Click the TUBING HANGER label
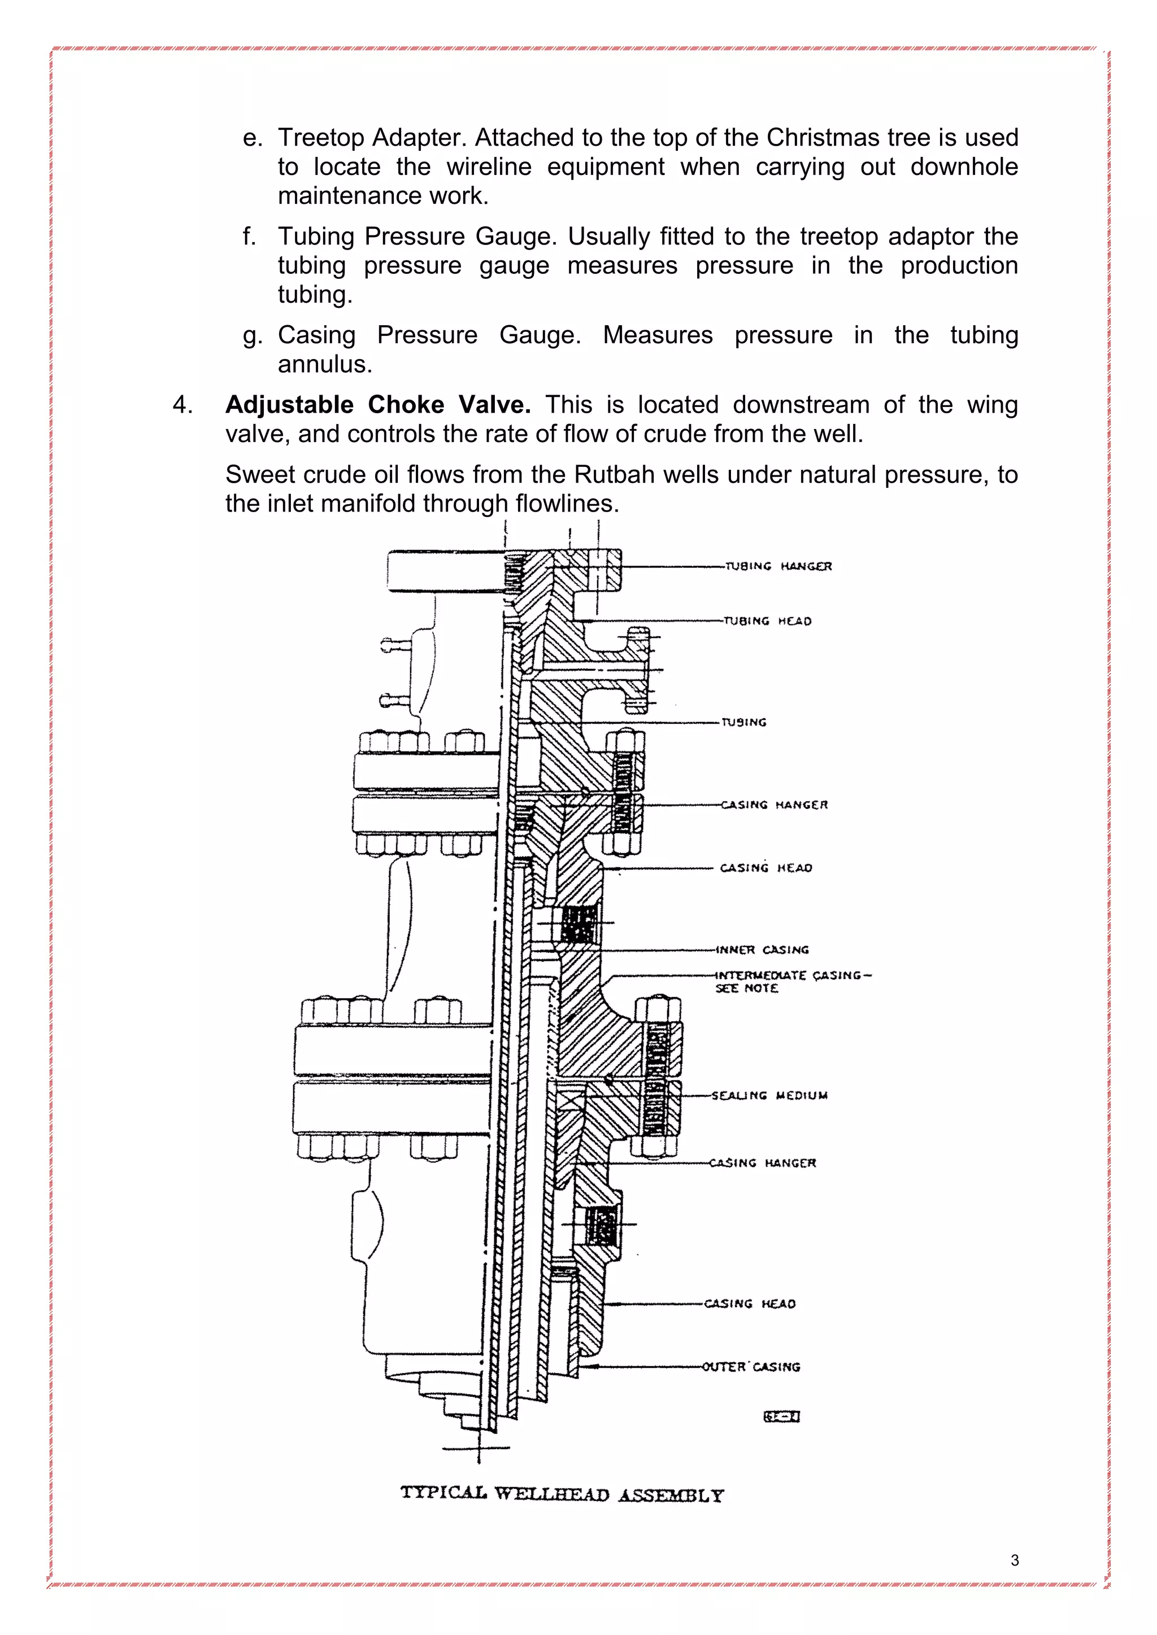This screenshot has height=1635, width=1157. tap(778, 566)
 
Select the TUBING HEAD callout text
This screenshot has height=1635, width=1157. tap(767, 621)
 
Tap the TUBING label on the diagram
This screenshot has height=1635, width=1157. tap(744, 722)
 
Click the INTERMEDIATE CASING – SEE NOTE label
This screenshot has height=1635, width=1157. tap(792, 981)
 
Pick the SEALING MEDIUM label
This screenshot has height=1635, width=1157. tap(769, 1095)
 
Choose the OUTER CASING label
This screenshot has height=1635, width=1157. tap(751, 1366)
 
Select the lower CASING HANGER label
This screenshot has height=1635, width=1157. tap(762, 1163)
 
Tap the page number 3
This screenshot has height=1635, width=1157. tap(1015, 1560)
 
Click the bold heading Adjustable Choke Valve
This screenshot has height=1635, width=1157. tap(377, 404)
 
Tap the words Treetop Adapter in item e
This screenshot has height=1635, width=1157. tap(371, 137)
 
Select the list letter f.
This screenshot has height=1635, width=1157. tap(249, 235)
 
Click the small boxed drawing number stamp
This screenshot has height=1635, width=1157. tap(781, 1417)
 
